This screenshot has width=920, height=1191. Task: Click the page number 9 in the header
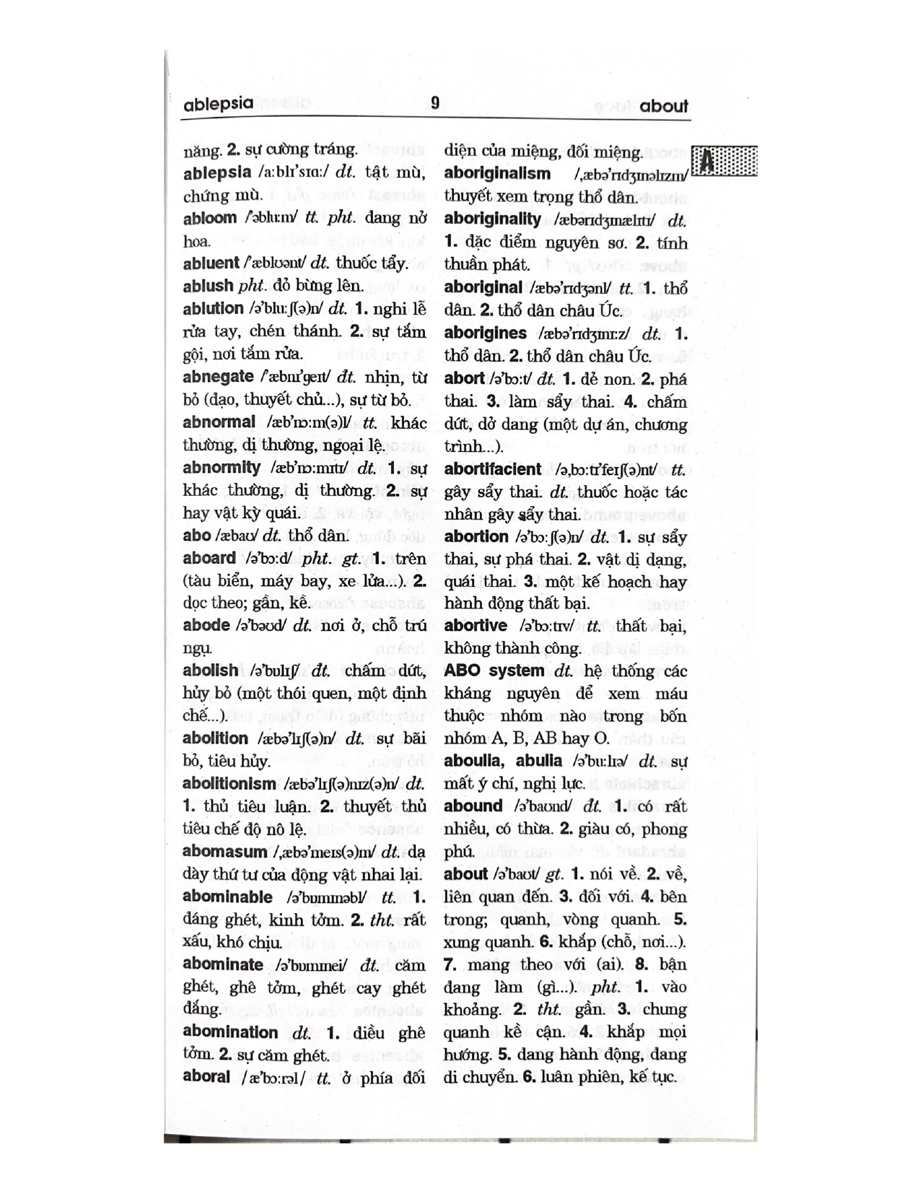[434, 103]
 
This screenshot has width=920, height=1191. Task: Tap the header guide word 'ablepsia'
[218, 104]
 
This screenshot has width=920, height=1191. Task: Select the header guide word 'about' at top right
[663, 106]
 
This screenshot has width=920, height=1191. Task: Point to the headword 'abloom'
[209, 218]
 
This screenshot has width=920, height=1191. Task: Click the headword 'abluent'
[211, 263]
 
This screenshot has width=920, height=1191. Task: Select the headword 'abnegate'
[218, 377]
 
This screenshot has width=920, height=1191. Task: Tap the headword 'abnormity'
[221, 468]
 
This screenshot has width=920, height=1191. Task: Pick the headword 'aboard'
[209, 558]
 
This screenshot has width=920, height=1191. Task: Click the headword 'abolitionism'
[229, 784]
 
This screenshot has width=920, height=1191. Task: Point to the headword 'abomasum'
[224, 852]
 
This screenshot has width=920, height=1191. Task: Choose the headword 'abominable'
[227, 897]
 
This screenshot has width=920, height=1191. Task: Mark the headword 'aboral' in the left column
[206, 1077]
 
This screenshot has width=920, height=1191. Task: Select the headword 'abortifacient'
[492, 469]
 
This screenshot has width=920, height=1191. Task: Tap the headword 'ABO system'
[494, 671]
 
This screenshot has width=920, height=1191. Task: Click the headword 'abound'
[473, 806]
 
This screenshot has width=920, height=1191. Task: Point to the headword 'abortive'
[476, 626]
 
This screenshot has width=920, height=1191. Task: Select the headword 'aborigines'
[485, 333]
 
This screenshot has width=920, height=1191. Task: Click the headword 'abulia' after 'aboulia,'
[538, 761]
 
